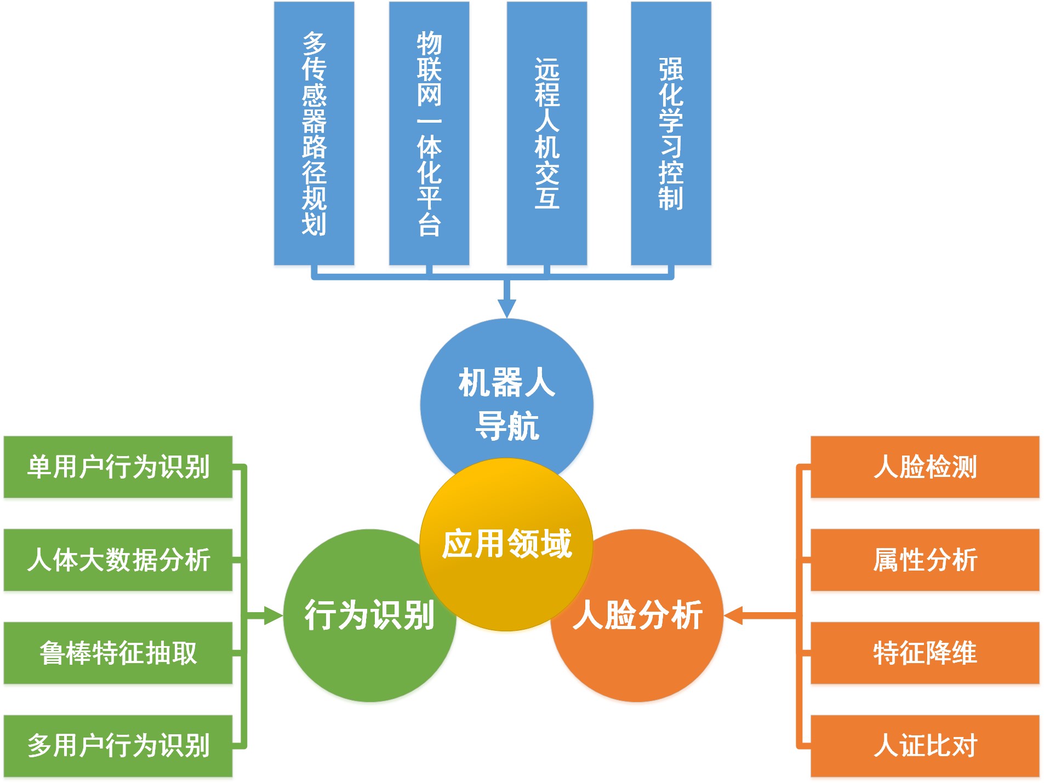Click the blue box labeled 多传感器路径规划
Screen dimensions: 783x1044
[314, 133]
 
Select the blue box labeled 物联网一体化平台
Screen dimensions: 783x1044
[429, 133]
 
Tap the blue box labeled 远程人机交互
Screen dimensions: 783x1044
[547, 133]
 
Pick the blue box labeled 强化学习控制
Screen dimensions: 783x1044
[671, 133]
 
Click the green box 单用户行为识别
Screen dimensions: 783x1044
[118, 467]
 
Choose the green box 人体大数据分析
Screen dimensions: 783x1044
[118, 560]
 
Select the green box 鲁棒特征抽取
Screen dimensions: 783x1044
[118, 653]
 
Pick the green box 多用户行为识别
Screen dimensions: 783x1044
[118, 746]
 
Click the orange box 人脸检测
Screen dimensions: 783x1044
[925, 467]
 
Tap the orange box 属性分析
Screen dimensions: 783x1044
[925, 560]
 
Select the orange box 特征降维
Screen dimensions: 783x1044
[925, 653]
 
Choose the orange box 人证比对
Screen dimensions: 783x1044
[925, 746]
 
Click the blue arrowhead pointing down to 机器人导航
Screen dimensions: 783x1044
[507, 308]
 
